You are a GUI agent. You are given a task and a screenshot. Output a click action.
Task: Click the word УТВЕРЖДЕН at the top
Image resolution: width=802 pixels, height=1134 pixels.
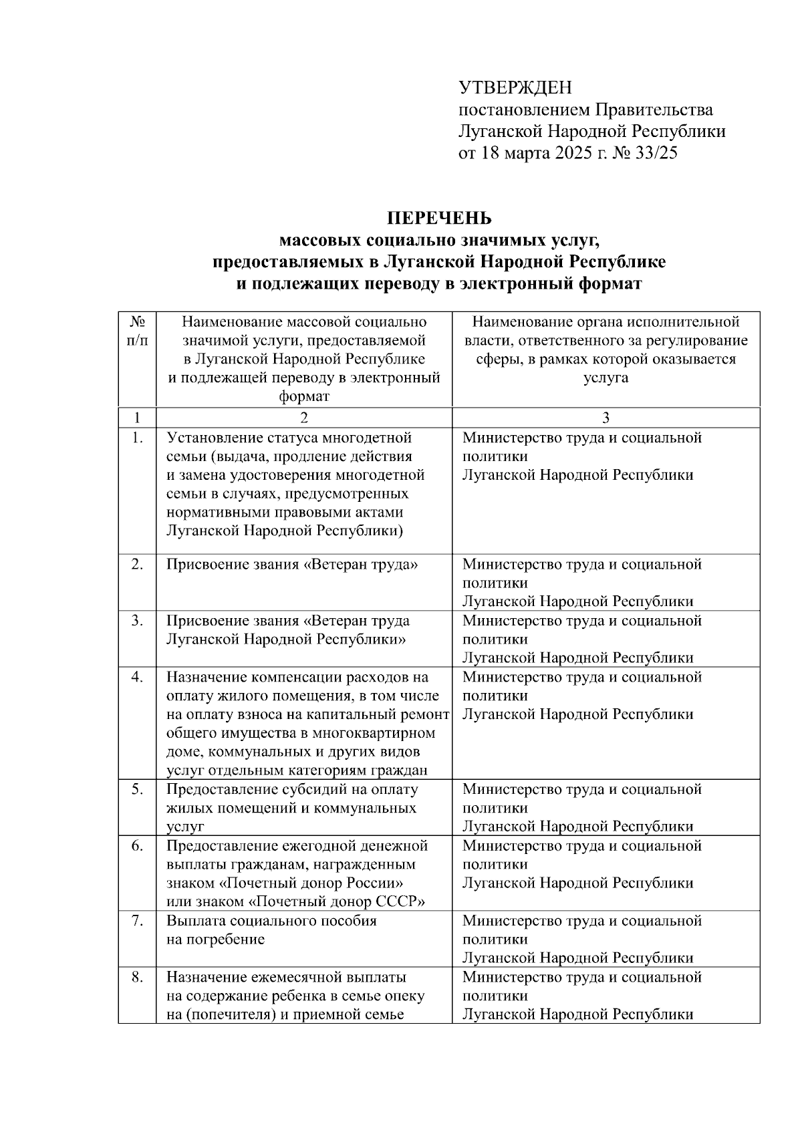pyautogui.click(x=515, y=88)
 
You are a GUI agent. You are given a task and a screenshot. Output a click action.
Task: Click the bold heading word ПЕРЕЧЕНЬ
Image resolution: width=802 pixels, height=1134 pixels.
pyautogui.click(x=440, y=219)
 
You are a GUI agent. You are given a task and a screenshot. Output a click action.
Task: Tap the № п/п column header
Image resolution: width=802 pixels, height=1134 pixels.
pyautogui.click(x=137, y=331)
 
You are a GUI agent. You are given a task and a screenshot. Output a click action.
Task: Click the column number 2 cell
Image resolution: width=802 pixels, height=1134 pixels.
pyautogui.click(x=304, y=418)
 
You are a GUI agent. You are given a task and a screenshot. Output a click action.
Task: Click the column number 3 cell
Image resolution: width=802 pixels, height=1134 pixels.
pyautogui.click(x=606, y=418)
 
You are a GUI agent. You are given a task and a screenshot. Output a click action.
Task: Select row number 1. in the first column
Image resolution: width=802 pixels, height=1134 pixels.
pyautogui.click(x=137, y=438)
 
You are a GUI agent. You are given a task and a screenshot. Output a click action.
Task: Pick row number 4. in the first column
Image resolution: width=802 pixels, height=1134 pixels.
pyautogui.click(x=137, y=677)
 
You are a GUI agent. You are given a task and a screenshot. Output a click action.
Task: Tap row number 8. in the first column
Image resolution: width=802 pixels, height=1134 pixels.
pyautogui.click(x=137, y=977)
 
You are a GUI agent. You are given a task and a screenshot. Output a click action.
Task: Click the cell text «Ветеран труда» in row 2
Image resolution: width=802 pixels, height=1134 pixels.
pyautogui.click(x=361, y=565)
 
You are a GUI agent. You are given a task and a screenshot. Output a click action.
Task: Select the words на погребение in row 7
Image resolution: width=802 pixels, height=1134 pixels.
pyautogui.click(x=215, y=940)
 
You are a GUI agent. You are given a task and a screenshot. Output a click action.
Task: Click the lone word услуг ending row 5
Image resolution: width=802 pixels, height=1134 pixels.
pyautogui.click(x=185, y=827)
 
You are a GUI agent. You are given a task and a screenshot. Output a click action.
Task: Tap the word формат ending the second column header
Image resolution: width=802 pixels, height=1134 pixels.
pyautogui.click(x=304, y=397)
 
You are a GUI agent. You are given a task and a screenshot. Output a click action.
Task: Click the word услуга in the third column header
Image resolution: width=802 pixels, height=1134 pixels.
pyautogui.click(x=606, y=378)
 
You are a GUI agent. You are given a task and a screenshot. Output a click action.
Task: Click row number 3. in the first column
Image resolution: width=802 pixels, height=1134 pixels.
pyautogui.click(x=137, y=621)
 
